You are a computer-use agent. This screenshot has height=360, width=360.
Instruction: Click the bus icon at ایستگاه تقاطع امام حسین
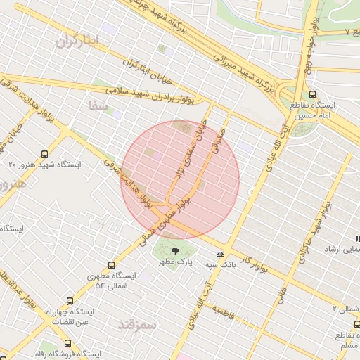pos(312,94)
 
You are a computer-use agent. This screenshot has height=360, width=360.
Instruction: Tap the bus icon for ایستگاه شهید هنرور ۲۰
pos(45,153)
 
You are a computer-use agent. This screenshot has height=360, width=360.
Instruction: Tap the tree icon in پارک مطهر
pos(175,250)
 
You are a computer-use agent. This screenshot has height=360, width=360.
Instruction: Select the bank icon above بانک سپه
pos(221,254)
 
